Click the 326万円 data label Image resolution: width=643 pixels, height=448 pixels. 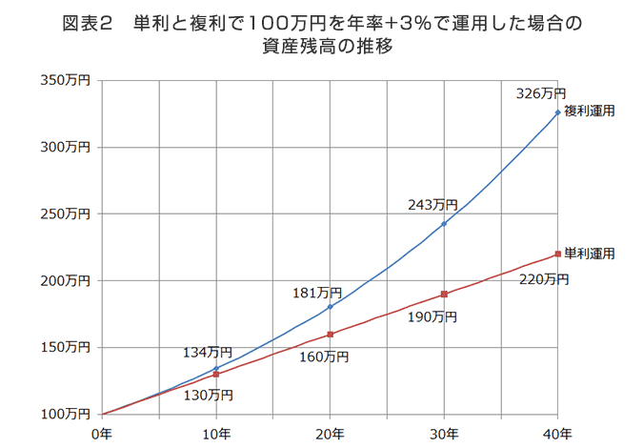point(540,93)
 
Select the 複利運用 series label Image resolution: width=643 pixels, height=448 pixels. point(589,111)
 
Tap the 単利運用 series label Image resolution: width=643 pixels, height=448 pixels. point(589,254)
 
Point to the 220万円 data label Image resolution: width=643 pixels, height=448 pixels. point(544,279)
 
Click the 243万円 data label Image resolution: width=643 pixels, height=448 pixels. point(432,204)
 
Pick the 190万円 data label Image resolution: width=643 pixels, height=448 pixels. point(432,316)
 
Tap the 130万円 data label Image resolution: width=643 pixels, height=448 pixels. point(209,394)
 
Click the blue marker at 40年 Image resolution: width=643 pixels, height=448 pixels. point(558,112)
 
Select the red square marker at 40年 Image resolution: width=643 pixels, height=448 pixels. point(558,255)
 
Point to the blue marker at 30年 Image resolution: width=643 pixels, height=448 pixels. point(444,224)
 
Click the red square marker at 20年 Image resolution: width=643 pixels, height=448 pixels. point(331,335)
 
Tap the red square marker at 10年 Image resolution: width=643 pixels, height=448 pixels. point(216,375)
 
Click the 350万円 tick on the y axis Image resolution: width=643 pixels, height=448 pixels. point(66,82)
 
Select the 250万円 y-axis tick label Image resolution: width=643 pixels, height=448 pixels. point(66,214)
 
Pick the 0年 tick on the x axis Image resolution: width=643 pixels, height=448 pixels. point(101,433)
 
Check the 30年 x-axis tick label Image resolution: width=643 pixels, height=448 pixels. point(444,433)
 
